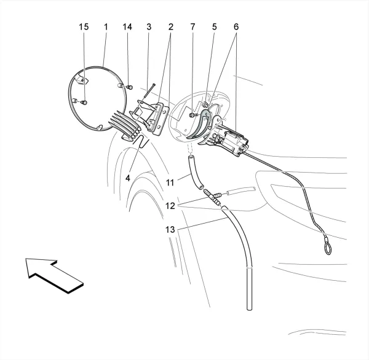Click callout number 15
pos(84,27)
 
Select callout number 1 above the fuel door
pos(106,27)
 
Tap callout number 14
pos(127,27)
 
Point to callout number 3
pos(149,27)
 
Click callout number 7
pos(192,27)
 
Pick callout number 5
pos(214,27)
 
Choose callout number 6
pos(236,27)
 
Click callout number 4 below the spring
pos(127,178)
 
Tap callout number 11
pos(170,182)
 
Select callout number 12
pos(170,206)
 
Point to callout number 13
pos(170,230)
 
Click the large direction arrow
pos(54,276)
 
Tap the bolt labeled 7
pos(193,115)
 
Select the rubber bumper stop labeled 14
pos(130,87)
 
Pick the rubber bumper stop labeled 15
pos(84,103)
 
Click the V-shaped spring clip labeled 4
pos(141,141)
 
